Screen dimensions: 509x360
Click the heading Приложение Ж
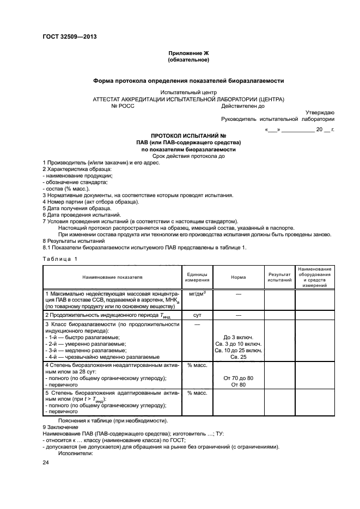click(188, 53)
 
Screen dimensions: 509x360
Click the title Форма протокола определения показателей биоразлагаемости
click(188, 80)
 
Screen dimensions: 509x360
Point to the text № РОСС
click(123, 106)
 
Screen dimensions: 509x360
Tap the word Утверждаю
click(320, 112)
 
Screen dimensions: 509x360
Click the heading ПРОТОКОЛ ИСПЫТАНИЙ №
click(188, 135)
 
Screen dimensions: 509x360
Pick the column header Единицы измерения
click(197, 277)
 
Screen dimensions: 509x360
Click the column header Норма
click(238, 277)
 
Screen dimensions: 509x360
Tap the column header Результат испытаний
click(279, 277)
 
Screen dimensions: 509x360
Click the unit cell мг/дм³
click(197, 293)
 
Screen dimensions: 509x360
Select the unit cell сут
click(197, 315)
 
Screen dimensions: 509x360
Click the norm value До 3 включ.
click(238, 338)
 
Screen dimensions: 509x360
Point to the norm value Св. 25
click(238, 357)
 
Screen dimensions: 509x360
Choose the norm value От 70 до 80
click(238, 378)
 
